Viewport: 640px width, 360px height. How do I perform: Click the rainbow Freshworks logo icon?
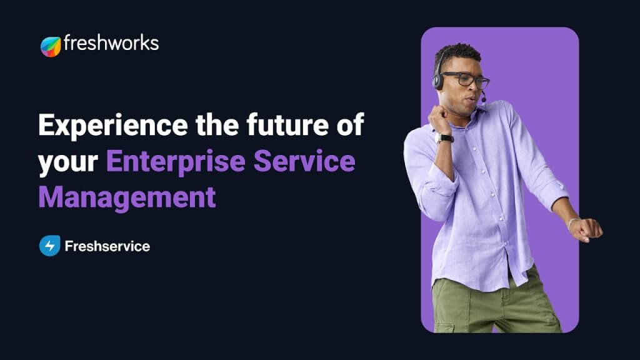pos(51,46)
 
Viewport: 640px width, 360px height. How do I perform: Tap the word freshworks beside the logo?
pos(111,44)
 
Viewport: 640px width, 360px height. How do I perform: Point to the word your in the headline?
pos(68,162)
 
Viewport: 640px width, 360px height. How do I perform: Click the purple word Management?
pos(127,197)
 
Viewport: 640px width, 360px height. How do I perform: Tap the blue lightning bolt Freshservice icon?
pos(49,246)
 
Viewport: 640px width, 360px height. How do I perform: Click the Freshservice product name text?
pos(107,246)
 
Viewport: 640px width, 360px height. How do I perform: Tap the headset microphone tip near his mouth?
pos(483,99)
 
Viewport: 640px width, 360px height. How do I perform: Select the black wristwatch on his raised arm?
pos(444,138)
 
